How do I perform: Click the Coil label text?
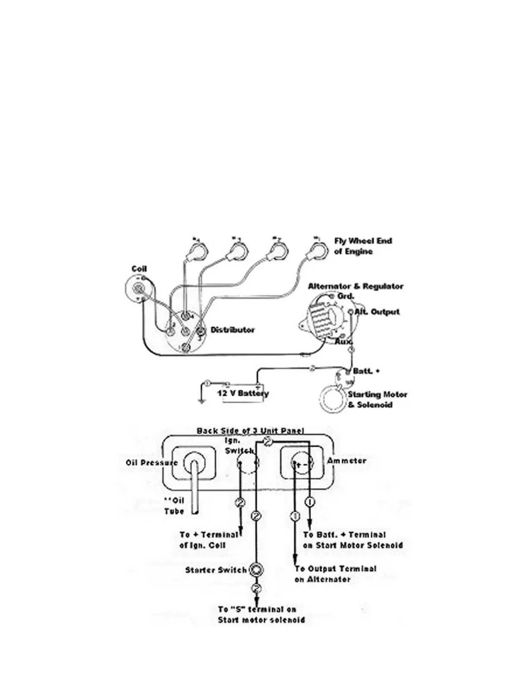[x=139, y=269]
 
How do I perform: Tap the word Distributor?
[x=233, y=330]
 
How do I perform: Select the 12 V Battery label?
[x=242, y=393]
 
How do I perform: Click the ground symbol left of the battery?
[x=201, y=401]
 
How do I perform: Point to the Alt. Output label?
[x=377, y=311]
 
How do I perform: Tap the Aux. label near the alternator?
[x=343, y=342]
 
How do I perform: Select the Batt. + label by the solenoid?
[x=366, y=371]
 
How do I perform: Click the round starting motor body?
[x=333, y=401]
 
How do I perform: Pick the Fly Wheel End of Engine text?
[x=363, y=246]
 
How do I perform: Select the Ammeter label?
[x=346, y=461]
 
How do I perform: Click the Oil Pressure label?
[x=151, y=463]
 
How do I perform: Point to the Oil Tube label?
[x=174, y=506]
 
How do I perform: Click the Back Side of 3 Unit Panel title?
[x=250, y=431]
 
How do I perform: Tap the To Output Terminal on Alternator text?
[x=335, y=574]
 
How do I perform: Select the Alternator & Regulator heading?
[x=355, y=286]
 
